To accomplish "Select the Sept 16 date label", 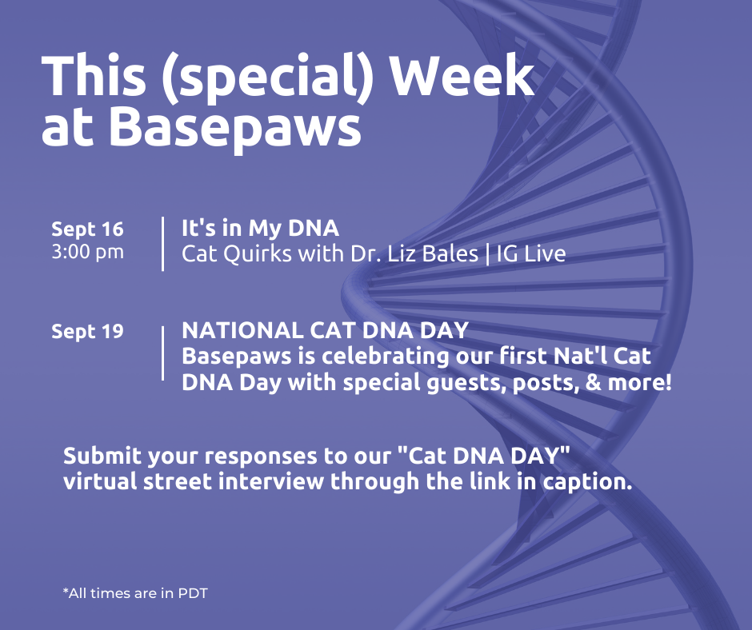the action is coord(87,229).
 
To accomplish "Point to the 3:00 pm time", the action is coord(87,252).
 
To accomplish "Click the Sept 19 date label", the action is coord(87,332).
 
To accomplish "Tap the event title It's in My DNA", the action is coord(261,228).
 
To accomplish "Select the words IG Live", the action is coord(531,253).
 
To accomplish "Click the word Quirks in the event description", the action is coord(258,254).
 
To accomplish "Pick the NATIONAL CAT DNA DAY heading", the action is coord(325,330).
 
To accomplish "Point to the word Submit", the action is coord(102,456).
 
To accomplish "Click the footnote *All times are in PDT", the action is coord(135,593).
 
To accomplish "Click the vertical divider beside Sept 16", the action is coord(163,244).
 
